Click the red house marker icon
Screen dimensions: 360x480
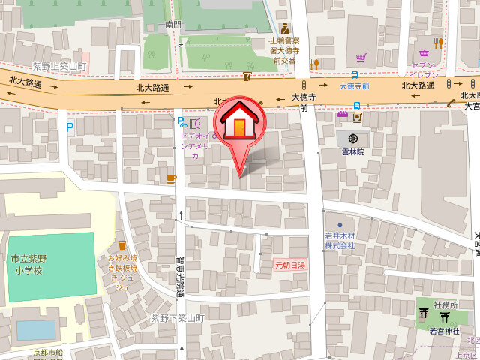[238, 122]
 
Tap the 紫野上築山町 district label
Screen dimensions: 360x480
[59, 67]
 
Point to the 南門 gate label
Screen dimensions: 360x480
[173, 25]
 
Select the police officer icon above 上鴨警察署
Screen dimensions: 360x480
[284, 28]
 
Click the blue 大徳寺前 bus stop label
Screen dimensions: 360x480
[354, 86]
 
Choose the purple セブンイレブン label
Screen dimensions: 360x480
[424, 70]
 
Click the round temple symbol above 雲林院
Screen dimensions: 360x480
[352, 138]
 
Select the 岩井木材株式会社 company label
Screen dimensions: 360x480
[340, 241]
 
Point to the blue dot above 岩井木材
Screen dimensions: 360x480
[340, 224]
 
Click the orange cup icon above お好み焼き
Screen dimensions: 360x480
[121, 245]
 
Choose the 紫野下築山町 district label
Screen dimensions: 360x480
[178, 318]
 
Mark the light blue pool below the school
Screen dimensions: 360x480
[35, 331]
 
